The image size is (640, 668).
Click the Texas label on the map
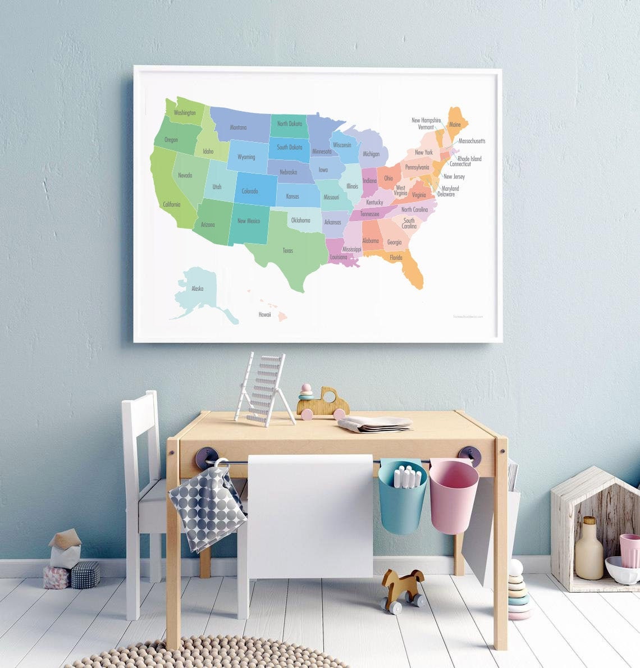287,250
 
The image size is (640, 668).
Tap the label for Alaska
197,289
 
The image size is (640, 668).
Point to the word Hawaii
264,315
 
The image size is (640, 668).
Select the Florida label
396,258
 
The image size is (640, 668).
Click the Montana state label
238,127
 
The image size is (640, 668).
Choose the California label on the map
172,204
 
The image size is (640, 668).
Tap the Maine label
455,125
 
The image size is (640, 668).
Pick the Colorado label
250,191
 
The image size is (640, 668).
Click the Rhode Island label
469,159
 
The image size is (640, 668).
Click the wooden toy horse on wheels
403,589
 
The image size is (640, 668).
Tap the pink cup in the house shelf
629,550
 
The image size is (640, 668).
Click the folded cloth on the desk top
375,424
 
